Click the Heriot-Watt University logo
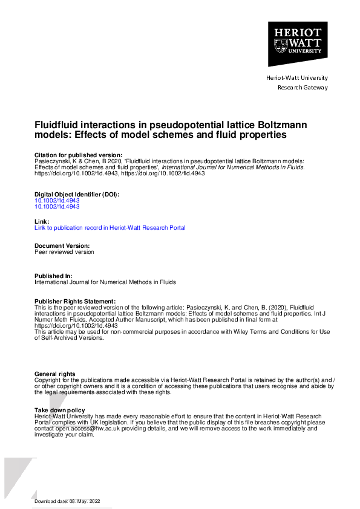click(298, 44)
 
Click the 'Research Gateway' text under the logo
click(302, 88)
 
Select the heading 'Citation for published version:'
click(79, 155)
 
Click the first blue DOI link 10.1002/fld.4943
click(57, 200)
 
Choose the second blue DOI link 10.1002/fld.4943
click(57, 206)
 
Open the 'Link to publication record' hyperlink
click(110, 228)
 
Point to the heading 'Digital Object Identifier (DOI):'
click(77, 194)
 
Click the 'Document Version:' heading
click(62, 246)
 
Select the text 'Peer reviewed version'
click(64, 252)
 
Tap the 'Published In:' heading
click(54, 276)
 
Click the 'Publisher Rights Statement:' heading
click(75, 301)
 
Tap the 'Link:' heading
click(41, 222)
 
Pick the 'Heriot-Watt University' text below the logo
click(296, 78)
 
